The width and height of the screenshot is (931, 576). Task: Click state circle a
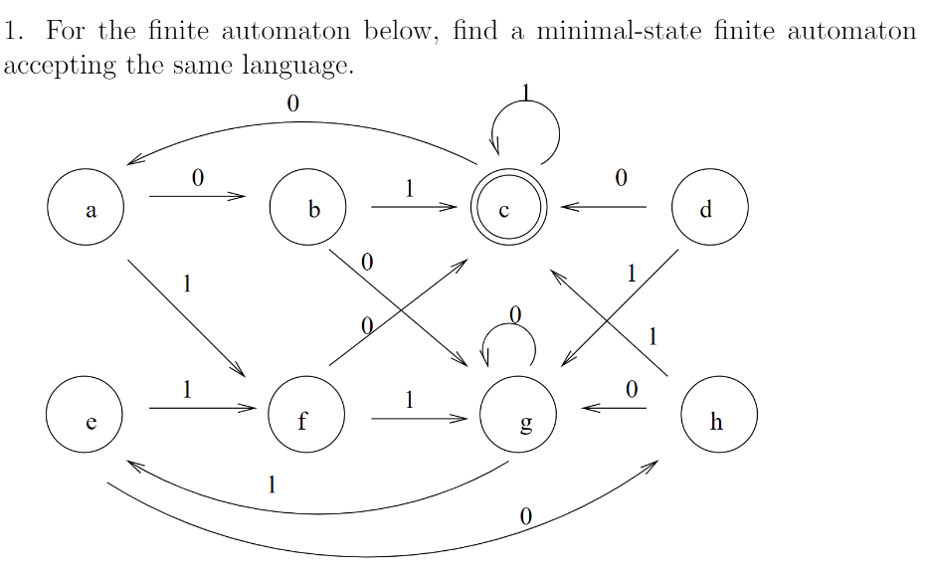86,210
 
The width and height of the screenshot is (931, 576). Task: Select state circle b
308,210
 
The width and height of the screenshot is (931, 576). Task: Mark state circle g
517,421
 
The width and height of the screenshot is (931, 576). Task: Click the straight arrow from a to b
197,197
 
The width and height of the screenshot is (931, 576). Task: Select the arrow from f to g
418,419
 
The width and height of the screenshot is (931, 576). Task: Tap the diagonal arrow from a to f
186,318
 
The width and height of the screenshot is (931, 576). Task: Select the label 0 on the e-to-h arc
526,516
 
